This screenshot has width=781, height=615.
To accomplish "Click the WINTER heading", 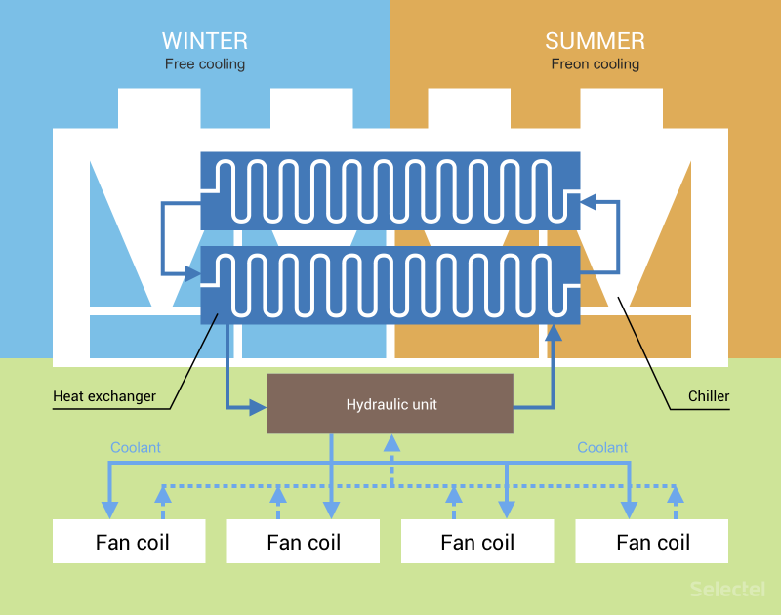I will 205,41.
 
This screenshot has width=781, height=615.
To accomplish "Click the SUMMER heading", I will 595,41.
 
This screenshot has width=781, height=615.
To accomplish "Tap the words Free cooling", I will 205,64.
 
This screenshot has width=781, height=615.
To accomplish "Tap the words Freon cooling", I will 595,64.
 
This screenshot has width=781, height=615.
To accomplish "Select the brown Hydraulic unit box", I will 390,404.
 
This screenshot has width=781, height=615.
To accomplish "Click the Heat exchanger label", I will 103,396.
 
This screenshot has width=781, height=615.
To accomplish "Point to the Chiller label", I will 709,396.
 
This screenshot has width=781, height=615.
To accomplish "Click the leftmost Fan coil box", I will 129,542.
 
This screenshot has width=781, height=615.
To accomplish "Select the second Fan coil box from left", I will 303,542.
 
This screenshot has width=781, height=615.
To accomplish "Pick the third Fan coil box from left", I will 477,542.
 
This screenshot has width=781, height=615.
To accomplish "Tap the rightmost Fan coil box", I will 652,542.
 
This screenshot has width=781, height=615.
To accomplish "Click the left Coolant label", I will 136,447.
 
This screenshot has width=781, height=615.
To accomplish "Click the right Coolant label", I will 602,447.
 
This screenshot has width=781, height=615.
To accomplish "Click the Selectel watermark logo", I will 727,589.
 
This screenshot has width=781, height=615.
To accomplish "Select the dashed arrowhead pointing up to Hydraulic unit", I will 391,443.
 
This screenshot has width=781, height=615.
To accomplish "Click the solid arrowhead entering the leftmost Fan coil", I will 109,509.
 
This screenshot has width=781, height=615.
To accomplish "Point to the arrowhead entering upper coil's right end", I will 588,202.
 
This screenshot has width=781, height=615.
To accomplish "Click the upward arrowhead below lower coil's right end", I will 554,333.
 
